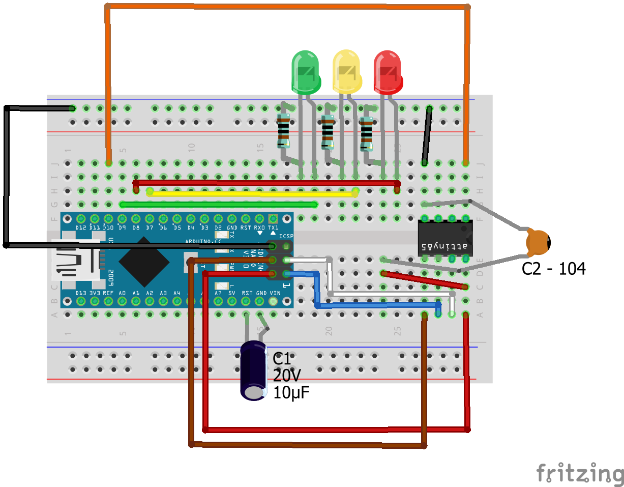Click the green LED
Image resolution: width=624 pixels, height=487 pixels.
pos(306,71)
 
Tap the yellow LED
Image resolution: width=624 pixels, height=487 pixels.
pos(347,71)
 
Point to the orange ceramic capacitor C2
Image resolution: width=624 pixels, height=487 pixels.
pos(538,243)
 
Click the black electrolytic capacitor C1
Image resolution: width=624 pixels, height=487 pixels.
pos(253,370)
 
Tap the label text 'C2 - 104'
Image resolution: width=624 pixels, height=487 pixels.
pos(553,269)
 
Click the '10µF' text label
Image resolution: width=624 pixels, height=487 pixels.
pos(291,392)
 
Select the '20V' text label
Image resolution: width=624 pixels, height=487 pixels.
pos(287,376)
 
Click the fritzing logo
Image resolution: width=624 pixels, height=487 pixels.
pos(580,473)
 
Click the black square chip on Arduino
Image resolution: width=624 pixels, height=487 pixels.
pos(144,261)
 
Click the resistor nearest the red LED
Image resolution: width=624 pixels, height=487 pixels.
pos(366,134)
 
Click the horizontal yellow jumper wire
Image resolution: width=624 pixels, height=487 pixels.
pos(252,193)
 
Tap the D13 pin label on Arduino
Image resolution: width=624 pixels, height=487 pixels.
pos(81,293)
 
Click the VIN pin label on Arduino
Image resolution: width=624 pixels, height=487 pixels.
pos(275,293)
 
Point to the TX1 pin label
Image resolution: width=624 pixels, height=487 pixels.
pos(273,227)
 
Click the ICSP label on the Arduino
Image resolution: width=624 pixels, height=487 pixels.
pos(286,236)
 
